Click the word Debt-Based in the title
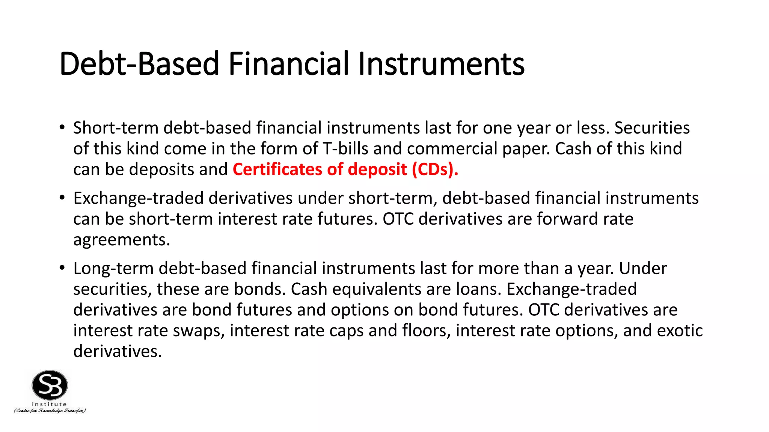point(139,64)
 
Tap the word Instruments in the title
point(441,64)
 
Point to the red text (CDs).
point(435,169)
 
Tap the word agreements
point(121,240)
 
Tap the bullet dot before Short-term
point(62,127)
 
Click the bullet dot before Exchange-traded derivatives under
point(62,197)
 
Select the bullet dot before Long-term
point(62,268)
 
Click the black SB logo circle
point(50,385)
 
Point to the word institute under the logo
point(49,404)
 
